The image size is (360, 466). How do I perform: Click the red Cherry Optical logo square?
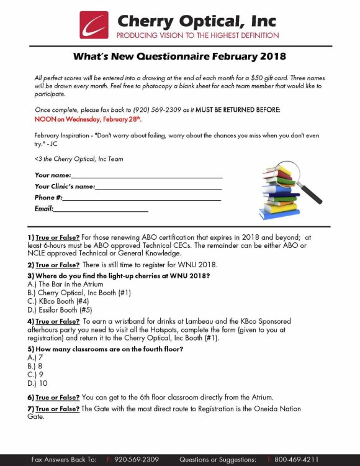pyautogui.click(x=94, y=25)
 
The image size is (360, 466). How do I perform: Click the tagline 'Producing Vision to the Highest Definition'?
pyautogui.click(x=198, y=35)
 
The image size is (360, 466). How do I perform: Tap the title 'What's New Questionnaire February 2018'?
pyautogui.click(x=179, y=57)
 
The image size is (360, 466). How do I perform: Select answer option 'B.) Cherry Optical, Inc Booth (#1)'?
pyautogui.click(x=79, y=292)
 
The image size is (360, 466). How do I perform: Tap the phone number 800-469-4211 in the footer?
pyautogui.click(x=297, y=459)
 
